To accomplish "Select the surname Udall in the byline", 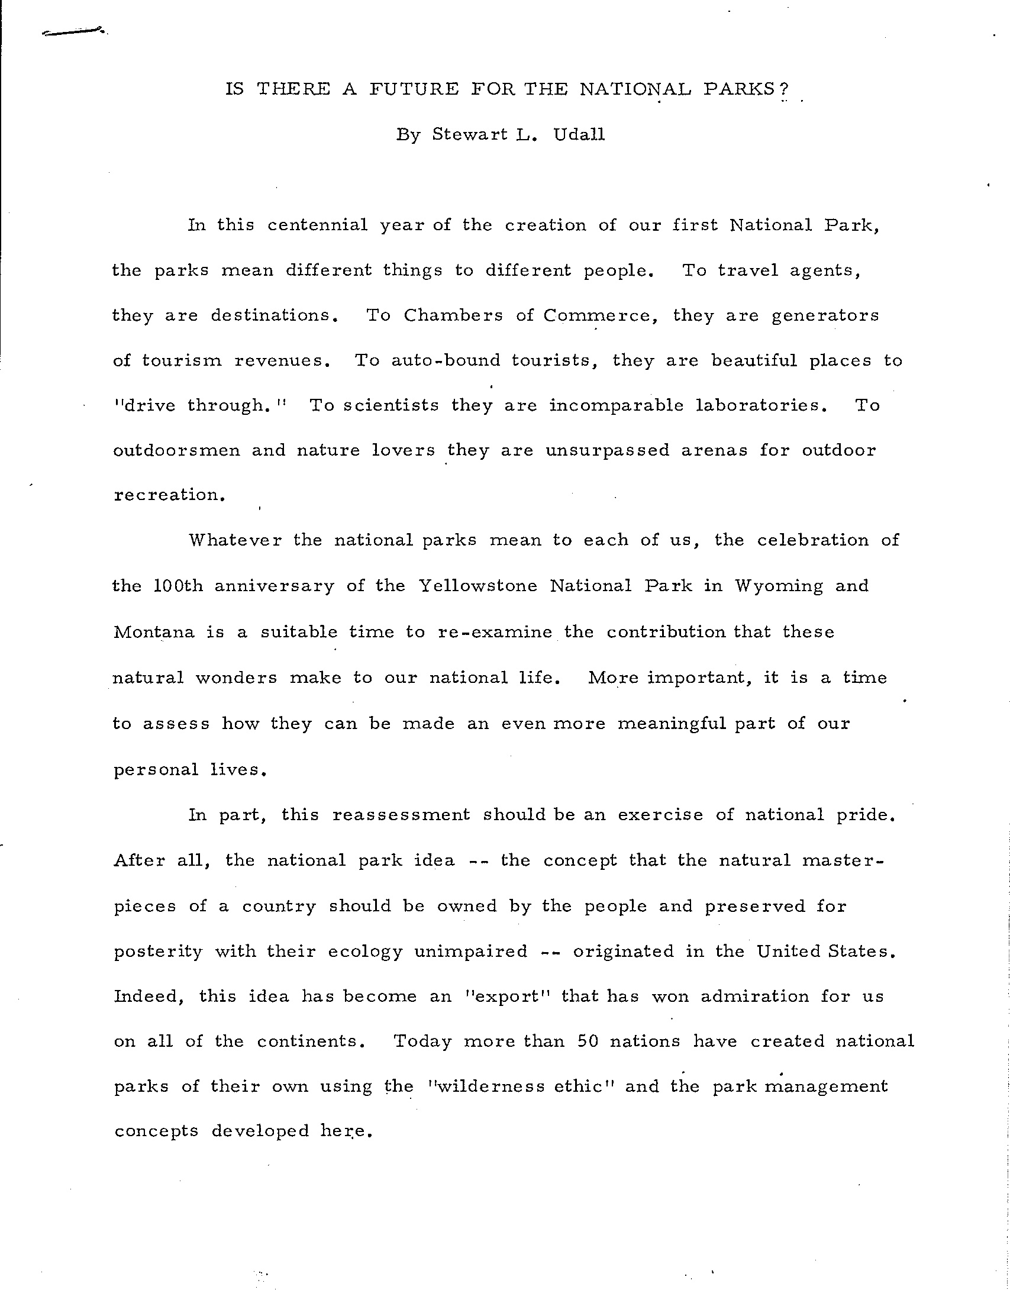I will pyautogui.click(x=579, y=135).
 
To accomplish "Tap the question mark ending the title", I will pyautogui.click(x=785, y=89).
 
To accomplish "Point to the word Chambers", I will pyautogui.click(x=453, y=315).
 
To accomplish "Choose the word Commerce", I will pyautogui.click(x=601, y=315).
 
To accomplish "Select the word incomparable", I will pyautogui.click(x=616, y=406).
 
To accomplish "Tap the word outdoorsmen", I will pyautogui.click(x=176, y=450).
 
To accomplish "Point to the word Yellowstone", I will pyautogui.click(x=478, y=586).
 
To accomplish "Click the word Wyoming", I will pyautogui.click(x=779, y=586).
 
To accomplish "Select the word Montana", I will pyautogui.click(x=154, y=632).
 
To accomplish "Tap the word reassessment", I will pyautogui.click(x=401, y=815).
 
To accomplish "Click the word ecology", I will pyautogui.click(x=365, y=952).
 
